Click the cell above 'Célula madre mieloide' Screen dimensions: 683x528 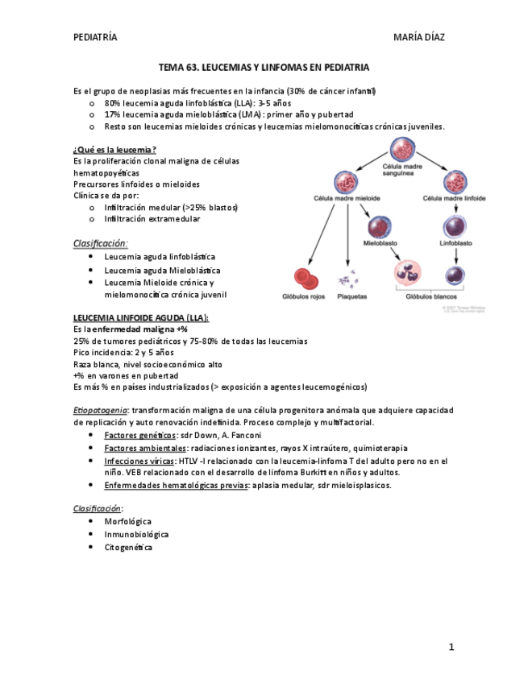(x=347, y=183)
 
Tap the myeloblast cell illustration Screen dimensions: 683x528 (x=378, y=227)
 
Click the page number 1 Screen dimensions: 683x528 (x=451, y=647)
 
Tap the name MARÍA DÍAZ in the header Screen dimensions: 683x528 (x=418, y=37)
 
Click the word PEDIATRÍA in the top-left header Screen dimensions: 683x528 (x=94, y=37)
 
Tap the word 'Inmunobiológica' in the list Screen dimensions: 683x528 (x=136, y=534)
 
